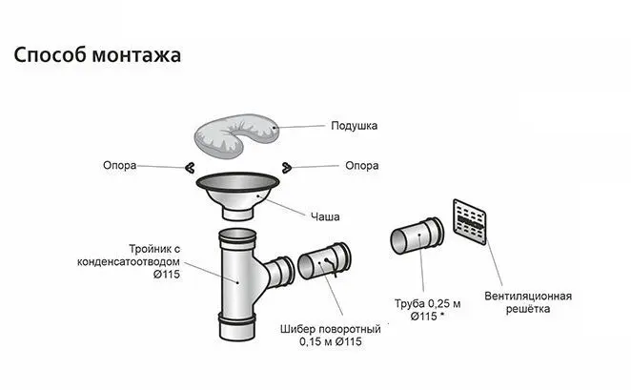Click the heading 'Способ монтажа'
97,55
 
